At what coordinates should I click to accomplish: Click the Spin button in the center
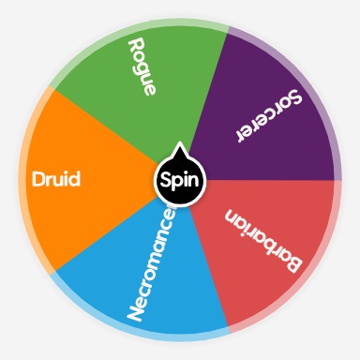pyautogui.click(x=179, y=179)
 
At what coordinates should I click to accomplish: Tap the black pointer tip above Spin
pyautogui.click(x=179, y=148)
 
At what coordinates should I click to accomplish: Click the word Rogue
pyautogui.click(x=143, y=67)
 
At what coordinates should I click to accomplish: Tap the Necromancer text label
pyautogui.click(x=153, y=265)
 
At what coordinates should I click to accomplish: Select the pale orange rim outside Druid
pyautogui.click(x=22, y=178)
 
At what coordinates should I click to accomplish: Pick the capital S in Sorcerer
pyautogui.click(x=294, y=96)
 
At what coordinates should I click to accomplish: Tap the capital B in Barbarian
pyautogui.click(x=292, y=265)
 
